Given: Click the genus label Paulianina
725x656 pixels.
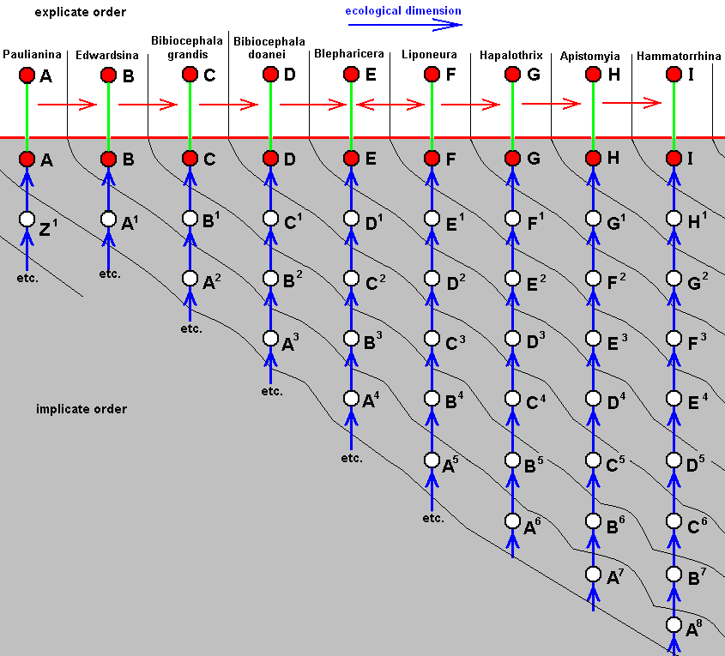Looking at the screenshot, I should [32, 56].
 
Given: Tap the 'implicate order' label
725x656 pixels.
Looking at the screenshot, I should [82, 409].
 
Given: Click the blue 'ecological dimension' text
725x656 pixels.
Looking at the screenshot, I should [403, 11].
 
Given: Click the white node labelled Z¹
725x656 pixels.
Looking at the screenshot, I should [27, 219].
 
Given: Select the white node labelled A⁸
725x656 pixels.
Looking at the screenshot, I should [674, 625].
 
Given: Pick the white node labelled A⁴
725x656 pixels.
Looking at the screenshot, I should [351, 399].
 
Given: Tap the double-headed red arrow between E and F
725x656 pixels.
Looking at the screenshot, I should [390, 105].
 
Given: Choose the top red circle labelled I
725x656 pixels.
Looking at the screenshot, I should [674, 75].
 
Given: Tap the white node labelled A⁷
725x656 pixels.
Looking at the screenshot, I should [593, 574].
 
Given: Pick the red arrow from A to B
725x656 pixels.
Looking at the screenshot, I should [68, 105].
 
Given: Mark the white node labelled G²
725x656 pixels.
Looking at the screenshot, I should [674, 279].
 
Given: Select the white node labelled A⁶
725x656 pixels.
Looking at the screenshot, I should [512, 520].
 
